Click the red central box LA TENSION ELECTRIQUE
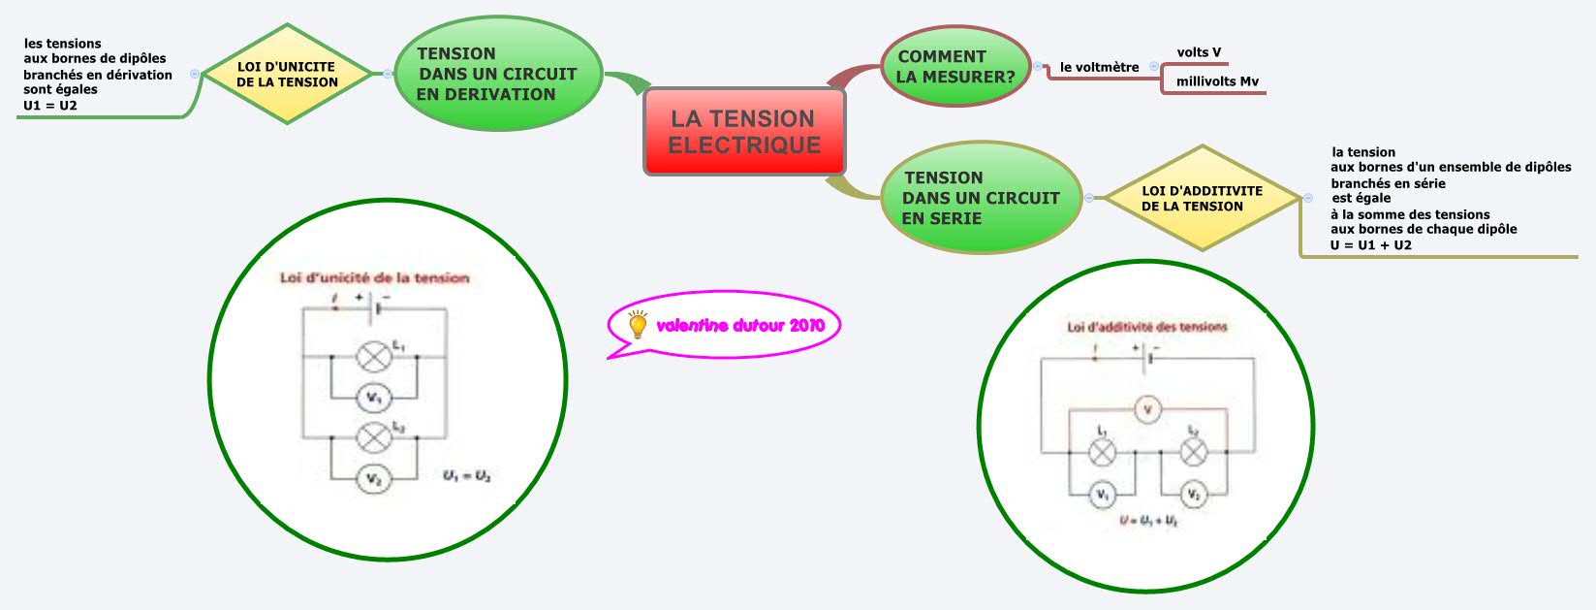click(744, 132)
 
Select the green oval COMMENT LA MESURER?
click(954, 66)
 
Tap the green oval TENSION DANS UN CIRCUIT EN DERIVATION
click(497, 74)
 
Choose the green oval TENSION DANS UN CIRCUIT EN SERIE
click(980, 198)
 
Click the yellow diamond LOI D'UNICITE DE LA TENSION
click(287, 75)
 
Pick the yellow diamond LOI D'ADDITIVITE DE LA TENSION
click(1202, 199)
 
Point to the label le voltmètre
click(1099, 67)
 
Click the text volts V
click(1199, 52)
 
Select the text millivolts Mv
click(1217, 81)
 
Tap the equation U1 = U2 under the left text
click(50, 106)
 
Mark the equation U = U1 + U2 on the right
click(1370, 245)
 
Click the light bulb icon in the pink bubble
click(638, 325)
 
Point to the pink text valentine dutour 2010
click(740, 326)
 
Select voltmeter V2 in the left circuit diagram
click(374, 478)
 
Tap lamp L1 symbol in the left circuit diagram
click(374, 357)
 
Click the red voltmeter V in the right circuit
click(1148, 410)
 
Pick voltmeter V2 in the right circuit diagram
click(1194, 495)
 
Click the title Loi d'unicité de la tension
click(374, 278)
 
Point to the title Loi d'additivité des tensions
click(1147, 327)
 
